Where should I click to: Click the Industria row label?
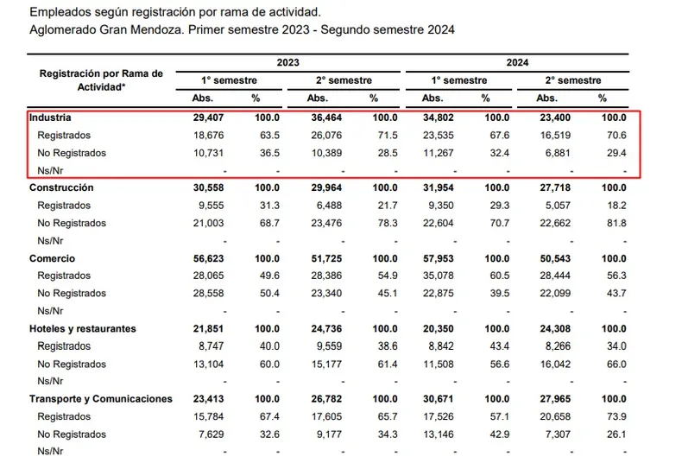coord(50,117)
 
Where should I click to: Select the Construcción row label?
coord(61,187)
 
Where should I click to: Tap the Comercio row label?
coord(53,258)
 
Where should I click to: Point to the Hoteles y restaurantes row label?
coord(83,329)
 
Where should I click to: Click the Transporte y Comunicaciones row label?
coord(101,399)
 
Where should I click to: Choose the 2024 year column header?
coord(518,63)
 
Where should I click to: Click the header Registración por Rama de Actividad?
coord(101,80)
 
